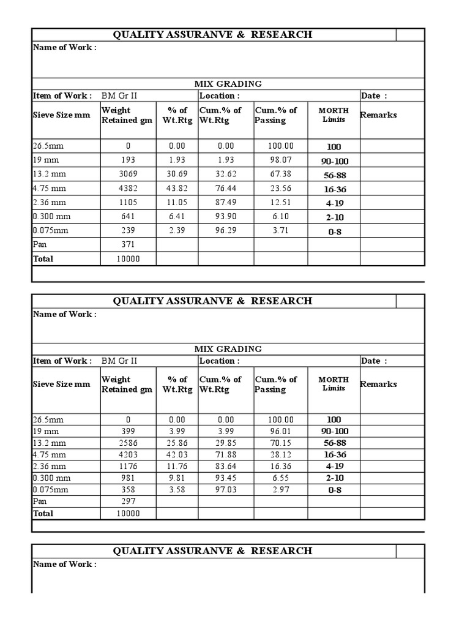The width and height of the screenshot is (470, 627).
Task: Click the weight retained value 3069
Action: (129, 174)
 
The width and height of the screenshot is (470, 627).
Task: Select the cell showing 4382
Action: (129, 189)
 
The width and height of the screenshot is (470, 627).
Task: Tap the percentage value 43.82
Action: (177, 189)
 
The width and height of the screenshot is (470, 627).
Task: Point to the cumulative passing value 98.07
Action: (281, 160)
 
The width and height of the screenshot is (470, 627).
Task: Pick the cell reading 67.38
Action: (281, 174)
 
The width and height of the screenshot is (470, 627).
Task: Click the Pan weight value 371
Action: (129, 244)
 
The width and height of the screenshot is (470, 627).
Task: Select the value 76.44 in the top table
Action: (226, 189)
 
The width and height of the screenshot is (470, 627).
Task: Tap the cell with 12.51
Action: (281, 203)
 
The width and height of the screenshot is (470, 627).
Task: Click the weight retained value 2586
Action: (129, 443)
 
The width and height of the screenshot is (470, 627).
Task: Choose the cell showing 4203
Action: (129, 454)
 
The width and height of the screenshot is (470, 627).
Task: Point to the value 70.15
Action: (281, 443)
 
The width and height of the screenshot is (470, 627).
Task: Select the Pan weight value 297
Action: (129, 501)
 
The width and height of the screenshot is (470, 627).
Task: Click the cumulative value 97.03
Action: (226, 490)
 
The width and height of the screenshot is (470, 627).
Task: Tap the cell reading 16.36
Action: (281, 466)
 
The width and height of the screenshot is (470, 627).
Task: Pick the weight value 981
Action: (129, 478)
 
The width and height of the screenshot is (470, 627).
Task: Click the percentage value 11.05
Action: (177, 203)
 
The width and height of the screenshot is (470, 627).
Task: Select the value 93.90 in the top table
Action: (226, 217)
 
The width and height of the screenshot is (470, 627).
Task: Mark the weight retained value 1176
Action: (129, 466)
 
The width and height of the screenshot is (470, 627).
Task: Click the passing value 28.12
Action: (281, 454)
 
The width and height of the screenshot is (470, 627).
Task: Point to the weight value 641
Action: (129, 217)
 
